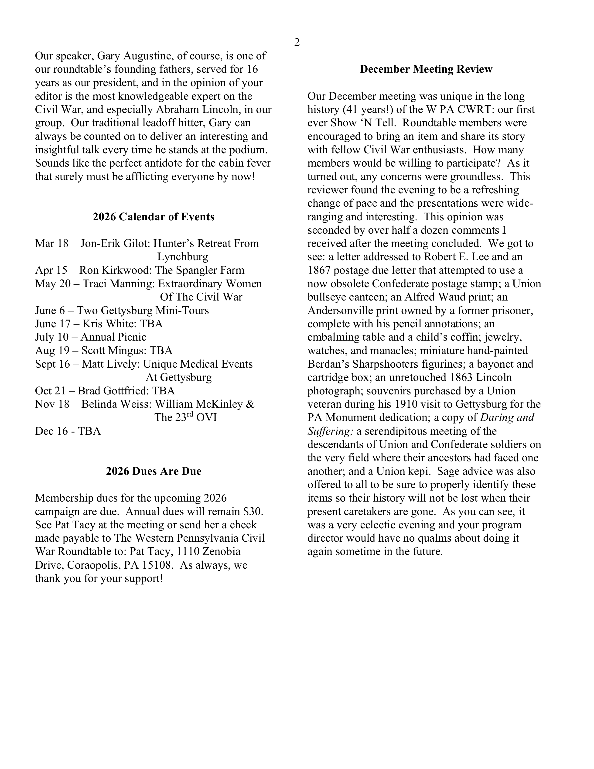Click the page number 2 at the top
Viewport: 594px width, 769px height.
click(x=297, y=43)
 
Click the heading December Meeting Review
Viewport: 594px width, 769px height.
click(x=426, y=69)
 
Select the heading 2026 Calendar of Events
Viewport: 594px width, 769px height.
click(x=154, y=217)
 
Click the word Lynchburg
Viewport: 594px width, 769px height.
click(x=182, y=257)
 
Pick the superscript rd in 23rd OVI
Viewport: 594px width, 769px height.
click(x=190, y=414)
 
